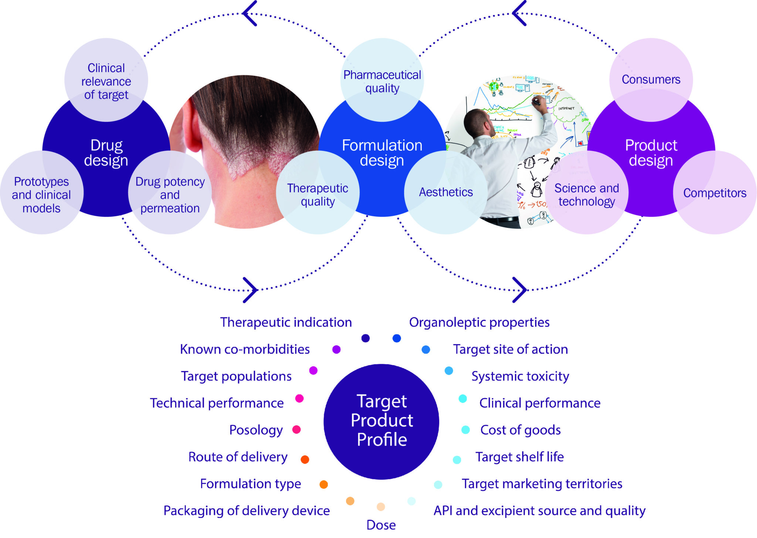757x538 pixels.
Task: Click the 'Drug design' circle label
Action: [106, 153]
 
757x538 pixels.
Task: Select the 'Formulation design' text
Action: [382, 153]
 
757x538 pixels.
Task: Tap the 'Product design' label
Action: [651, 153]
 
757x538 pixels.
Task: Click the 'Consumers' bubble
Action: [651, 80]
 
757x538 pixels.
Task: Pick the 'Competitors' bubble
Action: [714, 193]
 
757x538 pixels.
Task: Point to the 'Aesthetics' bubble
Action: [446, 192]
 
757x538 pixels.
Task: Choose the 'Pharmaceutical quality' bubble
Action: [382, 81]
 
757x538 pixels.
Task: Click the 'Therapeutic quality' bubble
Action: [318, 195]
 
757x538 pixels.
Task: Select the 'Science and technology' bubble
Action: [587, 195]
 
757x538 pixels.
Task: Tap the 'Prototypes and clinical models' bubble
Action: [41, 195]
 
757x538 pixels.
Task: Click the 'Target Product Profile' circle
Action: [381, 421]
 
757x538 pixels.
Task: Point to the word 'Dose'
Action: [381, 525]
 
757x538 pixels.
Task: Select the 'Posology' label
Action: [256, 430]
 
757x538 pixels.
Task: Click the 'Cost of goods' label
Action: [520, 430]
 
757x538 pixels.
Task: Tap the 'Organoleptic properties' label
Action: [479, 322]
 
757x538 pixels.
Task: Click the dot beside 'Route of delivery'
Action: [305, 460]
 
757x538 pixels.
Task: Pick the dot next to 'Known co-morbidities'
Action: [336, 349]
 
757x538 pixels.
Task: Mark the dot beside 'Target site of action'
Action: [426, 349]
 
